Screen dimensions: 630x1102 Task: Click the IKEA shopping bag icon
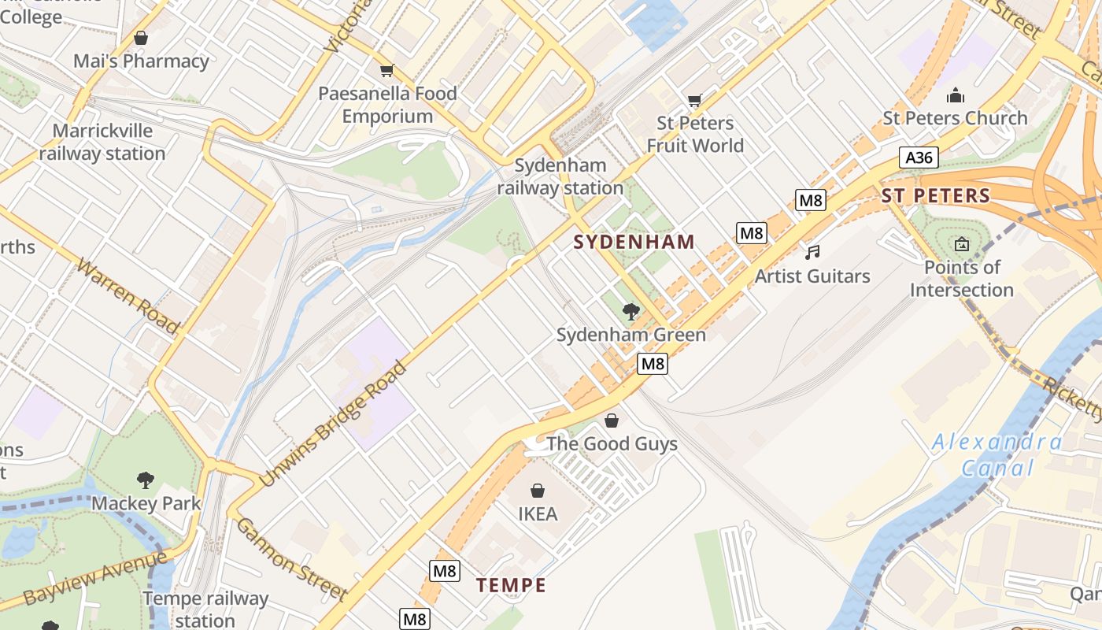point(538,491)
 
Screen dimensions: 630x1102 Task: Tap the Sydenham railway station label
point(560,177)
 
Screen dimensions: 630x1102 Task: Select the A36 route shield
point(919,157)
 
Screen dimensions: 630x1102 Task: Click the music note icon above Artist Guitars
point(812,252)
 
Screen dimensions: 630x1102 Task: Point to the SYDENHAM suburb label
point(634,242)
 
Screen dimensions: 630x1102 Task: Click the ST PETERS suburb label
point(936,196)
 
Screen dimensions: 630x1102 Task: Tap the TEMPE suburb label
point(511,585)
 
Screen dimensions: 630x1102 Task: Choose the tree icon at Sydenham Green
point(631,311)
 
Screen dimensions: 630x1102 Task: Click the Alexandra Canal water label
point(997,455)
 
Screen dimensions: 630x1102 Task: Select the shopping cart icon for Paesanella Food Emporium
point(386,71)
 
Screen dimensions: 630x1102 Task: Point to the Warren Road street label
point(128,295)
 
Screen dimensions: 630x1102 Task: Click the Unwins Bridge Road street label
point(334,424)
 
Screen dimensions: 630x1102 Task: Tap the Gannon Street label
point(291,559)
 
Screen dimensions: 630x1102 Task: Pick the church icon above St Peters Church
point(956,96)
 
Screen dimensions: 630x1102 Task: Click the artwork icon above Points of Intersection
point(961,244)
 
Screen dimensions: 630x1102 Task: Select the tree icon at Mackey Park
point(146,480)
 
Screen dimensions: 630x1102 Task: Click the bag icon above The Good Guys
point(612,421)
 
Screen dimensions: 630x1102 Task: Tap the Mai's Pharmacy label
point(141,61)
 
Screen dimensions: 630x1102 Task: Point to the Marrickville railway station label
point(102,143)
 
